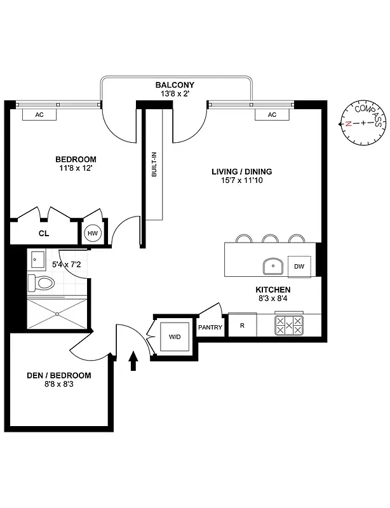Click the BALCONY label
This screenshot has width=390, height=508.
tap(175, 85)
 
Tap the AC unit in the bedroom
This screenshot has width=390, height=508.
tap(39, 114)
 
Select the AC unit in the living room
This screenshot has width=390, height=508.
tap(272, 114)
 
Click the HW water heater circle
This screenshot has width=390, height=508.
tap(93, 234)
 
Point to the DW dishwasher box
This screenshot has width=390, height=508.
tap(299, 267)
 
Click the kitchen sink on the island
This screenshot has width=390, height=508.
tap(274, 265)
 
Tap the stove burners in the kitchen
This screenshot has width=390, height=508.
tap(289, 325)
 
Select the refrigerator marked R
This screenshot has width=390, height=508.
tap(242, 325)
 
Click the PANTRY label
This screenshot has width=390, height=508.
tap(210, 328)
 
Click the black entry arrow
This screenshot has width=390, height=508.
tap(133, 361)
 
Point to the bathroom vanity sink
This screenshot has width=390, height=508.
tap(37, 258)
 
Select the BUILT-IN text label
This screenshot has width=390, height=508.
tap(154, 171)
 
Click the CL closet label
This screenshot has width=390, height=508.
tap(43, 234)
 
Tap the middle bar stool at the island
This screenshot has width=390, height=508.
tap(271, 239)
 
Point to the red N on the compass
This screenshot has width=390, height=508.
tap(349, 124)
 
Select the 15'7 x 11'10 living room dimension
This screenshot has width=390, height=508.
tap(241, 182)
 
